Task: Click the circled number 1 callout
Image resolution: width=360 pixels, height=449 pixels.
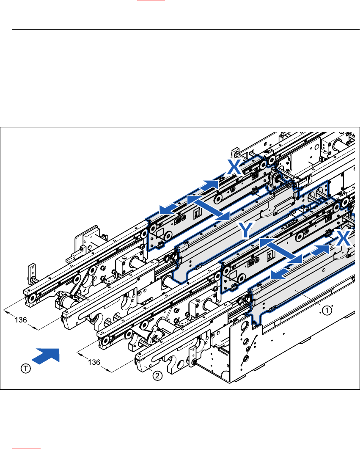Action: click(x=326, y=311)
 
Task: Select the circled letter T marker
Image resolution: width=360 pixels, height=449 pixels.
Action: click(x=26, y=369)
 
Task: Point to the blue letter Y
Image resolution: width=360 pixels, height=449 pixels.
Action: click(x=246, y=231)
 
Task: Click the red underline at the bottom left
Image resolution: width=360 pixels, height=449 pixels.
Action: click(x=26, y=448)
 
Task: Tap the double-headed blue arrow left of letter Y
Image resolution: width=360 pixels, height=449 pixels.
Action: click(x=209, y=207)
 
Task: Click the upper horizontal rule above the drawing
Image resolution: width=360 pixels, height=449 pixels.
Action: click(x=185, y=30)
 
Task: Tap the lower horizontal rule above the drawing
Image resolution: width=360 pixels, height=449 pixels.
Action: click(x=185, y=78)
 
